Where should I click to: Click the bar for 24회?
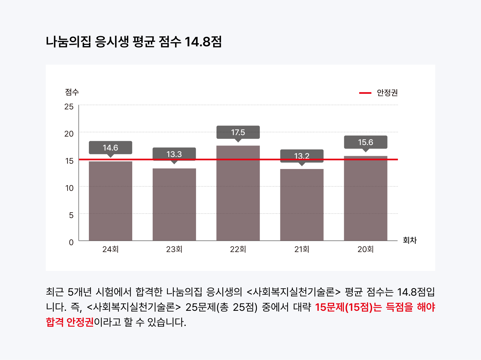[x=111, y=201]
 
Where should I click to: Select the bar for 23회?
[x=174, y=204]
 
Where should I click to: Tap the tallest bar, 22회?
[x=238, y=193]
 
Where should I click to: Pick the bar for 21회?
[x=302, y=204]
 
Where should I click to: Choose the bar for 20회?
[x=366, y=198]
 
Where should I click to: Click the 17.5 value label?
[x=238, y=132]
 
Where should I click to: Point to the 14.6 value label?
[x=111, y=148]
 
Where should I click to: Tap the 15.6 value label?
[x=366, y=142]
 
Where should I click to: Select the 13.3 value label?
[x=174, y=154]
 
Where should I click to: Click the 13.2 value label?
[x=302, y=156]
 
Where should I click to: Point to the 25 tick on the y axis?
[x=69, y=107]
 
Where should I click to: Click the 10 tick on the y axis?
[x=69, y=188]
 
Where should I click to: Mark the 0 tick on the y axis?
[x=71, y=242]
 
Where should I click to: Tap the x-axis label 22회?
[x=238, y=249]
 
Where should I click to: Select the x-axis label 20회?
[x=366, y=249]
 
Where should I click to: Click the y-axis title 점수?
[x=72, y=92]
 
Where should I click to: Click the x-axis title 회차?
[x=410, y=240]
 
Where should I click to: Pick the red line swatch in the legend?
[x=365, y=93]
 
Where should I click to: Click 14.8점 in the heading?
[x=203, y=42]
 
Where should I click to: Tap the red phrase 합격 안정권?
[x=70, y=322]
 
